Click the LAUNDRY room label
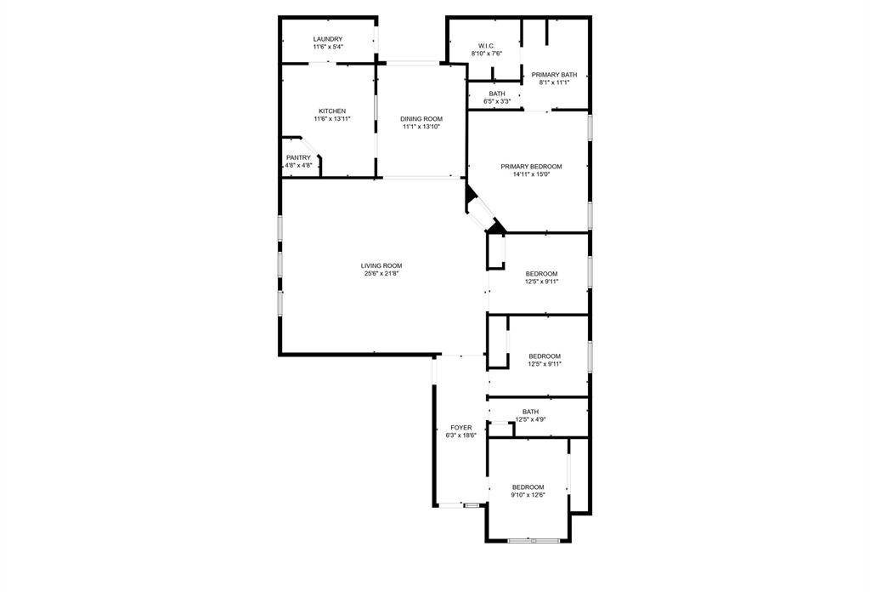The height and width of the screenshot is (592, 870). pos(327,39)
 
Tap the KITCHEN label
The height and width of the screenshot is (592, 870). pos(332,111)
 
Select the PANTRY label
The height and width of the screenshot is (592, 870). pos(298,157)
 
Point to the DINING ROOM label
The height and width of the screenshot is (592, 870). pos(421,119)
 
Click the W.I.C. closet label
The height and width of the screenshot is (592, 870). pos(487,46)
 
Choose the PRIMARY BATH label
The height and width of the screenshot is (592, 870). pos(554,74)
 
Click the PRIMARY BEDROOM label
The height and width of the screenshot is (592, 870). pos(531,167)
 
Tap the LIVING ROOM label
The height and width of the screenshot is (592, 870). pos(381,265)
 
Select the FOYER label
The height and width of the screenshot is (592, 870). pos(461,428)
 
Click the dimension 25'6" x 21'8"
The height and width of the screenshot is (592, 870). pos(381,273)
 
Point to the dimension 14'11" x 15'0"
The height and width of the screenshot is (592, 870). pos(531,174)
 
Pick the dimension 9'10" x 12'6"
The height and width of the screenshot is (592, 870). pos(528,495)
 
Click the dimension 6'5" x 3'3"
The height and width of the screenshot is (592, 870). pos(497,101)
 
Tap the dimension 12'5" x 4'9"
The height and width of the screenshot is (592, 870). pos(530,419)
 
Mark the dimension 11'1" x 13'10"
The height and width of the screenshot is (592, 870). pos(421,127)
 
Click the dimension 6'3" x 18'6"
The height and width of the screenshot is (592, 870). pos(461,435)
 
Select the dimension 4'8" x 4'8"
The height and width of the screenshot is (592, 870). pos(298,166)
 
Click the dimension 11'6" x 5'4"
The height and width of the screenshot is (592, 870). pos(327,47)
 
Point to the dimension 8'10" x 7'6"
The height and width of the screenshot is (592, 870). pos(487,54)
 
